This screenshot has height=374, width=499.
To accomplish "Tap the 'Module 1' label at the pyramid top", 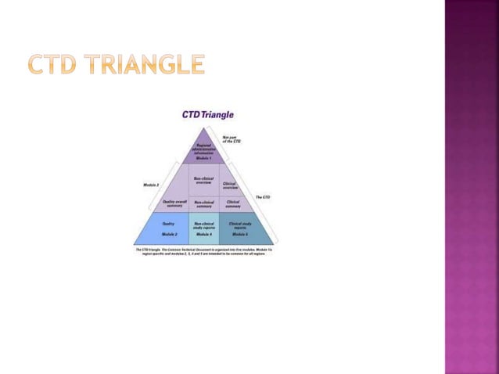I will click(x=203, y=158).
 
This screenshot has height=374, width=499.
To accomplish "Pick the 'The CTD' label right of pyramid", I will click(x=263, y=196).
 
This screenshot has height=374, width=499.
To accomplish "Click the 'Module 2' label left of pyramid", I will click(x=152, y=185).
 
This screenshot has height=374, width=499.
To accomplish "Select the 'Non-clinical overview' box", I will click(x=203, y=180).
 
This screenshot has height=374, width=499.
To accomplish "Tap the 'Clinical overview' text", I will click(x=230, y=186).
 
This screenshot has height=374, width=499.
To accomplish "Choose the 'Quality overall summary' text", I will click(x=173, y=203).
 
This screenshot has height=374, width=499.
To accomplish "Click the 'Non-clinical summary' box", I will click(x=203, y=203).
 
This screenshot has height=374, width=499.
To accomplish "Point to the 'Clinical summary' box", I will click(x=233, y=203).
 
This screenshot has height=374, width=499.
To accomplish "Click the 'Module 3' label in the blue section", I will click(x=169, y=234).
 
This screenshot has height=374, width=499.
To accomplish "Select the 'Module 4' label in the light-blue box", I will click(x=203, y=234).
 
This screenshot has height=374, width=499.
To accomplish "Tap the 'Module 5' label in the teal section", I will click(x=239, y=234).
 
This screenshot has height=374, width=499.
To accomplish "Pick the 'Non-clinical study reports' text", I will click(x=203, y=225).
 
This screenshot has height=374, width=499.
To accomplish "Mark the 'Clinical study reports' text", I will click(x=239, y=225).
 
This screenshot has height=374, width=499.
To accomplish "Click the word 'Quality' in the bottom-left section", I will click(x=168, y=223).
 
